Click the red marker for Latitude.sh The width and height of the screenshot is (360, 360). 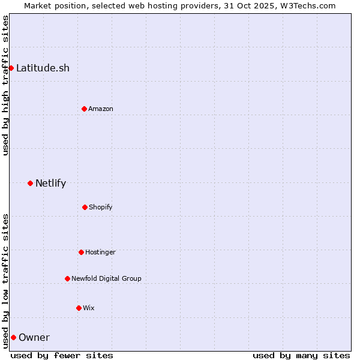pyautogui.click(x=11, y=68)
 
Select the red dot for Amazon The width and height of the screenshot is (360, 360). pyautogui.click(x=84, y=109)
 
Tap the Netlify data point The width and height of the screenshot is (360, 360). pyautogui.click(x=30, y=183)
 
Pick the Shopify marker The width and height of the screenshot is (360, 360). pyautogui.click(x=85, y=207)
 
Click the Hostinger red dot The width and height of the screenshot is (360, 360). pyautogui.click(x=81, y=252)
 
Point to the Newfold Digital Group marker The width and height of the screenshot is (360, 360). pyautogui.click(x=67, y=278)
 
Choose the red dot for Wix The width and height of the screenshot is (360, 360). pyautogui.click(x=79, y=308)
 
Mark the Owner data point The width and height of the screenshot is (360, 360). pyautogui.click(x=13, y=337)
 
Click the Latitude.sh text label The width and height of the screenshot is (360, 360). pyautogui.click(x=43, y=68)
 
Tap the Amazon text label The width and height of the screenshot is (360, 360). pyautogui.click(x=101, y=109)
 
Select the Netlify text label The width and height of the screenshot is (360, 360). pyautogui.click(x=50, y=183)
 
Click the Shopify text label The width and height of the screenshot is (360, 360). pyautogui.click(x=101, y=207)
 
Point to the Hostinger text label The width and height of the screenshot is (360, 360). pyautogui.click(x=100, y=252)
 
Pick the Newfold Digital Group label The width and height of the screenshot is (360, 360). pyautogui.click(x=106, y=278)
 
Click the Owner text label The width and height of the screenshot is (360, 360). pyautogui.click(x=34, y=337)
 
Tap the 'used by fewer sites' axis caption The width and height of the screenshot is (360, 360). pyautogui.click(x=62, y=355)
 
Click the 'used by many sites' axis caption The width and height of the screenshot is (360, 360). pyautogui.click(x=301, y=355)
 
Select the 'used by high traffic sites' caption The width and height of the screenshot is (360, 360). pyautogui.click(x=5, y=85)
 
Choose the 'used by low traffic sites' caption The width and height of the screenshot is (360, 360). pyautogui.click(x=5, y=280)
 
